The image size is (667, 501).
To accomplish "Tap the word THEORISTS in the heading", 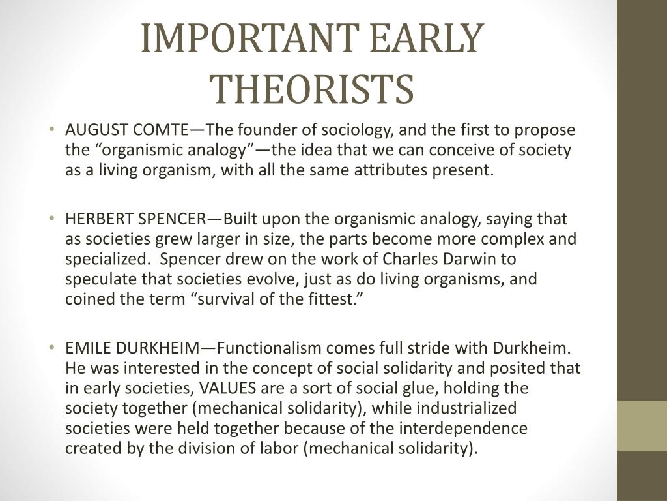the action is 313,89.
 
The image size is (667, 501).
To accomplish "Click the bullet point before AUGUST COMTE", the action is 52,129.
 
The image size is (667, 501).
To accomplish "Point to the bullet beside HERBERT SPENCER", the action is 52,218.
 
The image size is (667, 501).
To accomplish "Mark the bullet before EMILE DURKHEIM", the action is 52,348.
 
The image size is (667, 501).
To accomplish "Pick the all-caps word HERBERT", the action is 99,219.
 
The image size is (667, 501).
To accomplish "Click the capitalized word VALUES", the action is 228,389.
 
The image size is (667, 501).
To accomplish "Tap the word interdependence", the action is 463,429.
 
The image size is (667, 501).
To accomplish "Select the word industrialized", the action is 466,408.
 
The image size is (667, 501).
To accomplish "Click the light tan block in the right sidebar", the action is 642,425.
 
